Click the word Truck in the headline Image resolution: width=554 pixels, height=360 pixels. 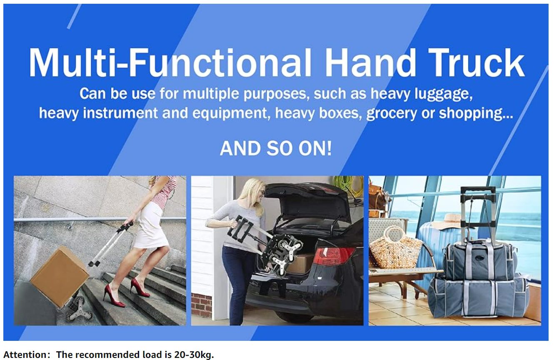coord(476,62)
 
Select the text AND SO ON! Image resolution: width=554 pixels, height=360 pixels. coord(276,148)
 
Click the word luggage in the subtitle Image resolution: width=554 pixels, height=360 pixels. coord(444,94)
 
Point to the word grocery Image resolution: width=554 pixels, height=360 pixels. coord(392,114)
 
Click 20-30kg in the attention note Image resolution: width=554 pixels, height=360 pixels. coord(194,355)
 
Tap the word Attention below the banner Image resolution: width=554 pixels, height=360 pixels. coord(24,355)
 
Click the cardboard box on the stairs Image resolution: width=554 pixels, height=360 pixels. coord(60,276)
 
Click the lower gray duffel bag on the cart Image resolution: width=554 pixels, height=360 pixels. coord(479,298)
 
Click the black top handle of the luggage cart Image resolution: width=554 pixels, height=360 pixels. coord(478,190)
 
